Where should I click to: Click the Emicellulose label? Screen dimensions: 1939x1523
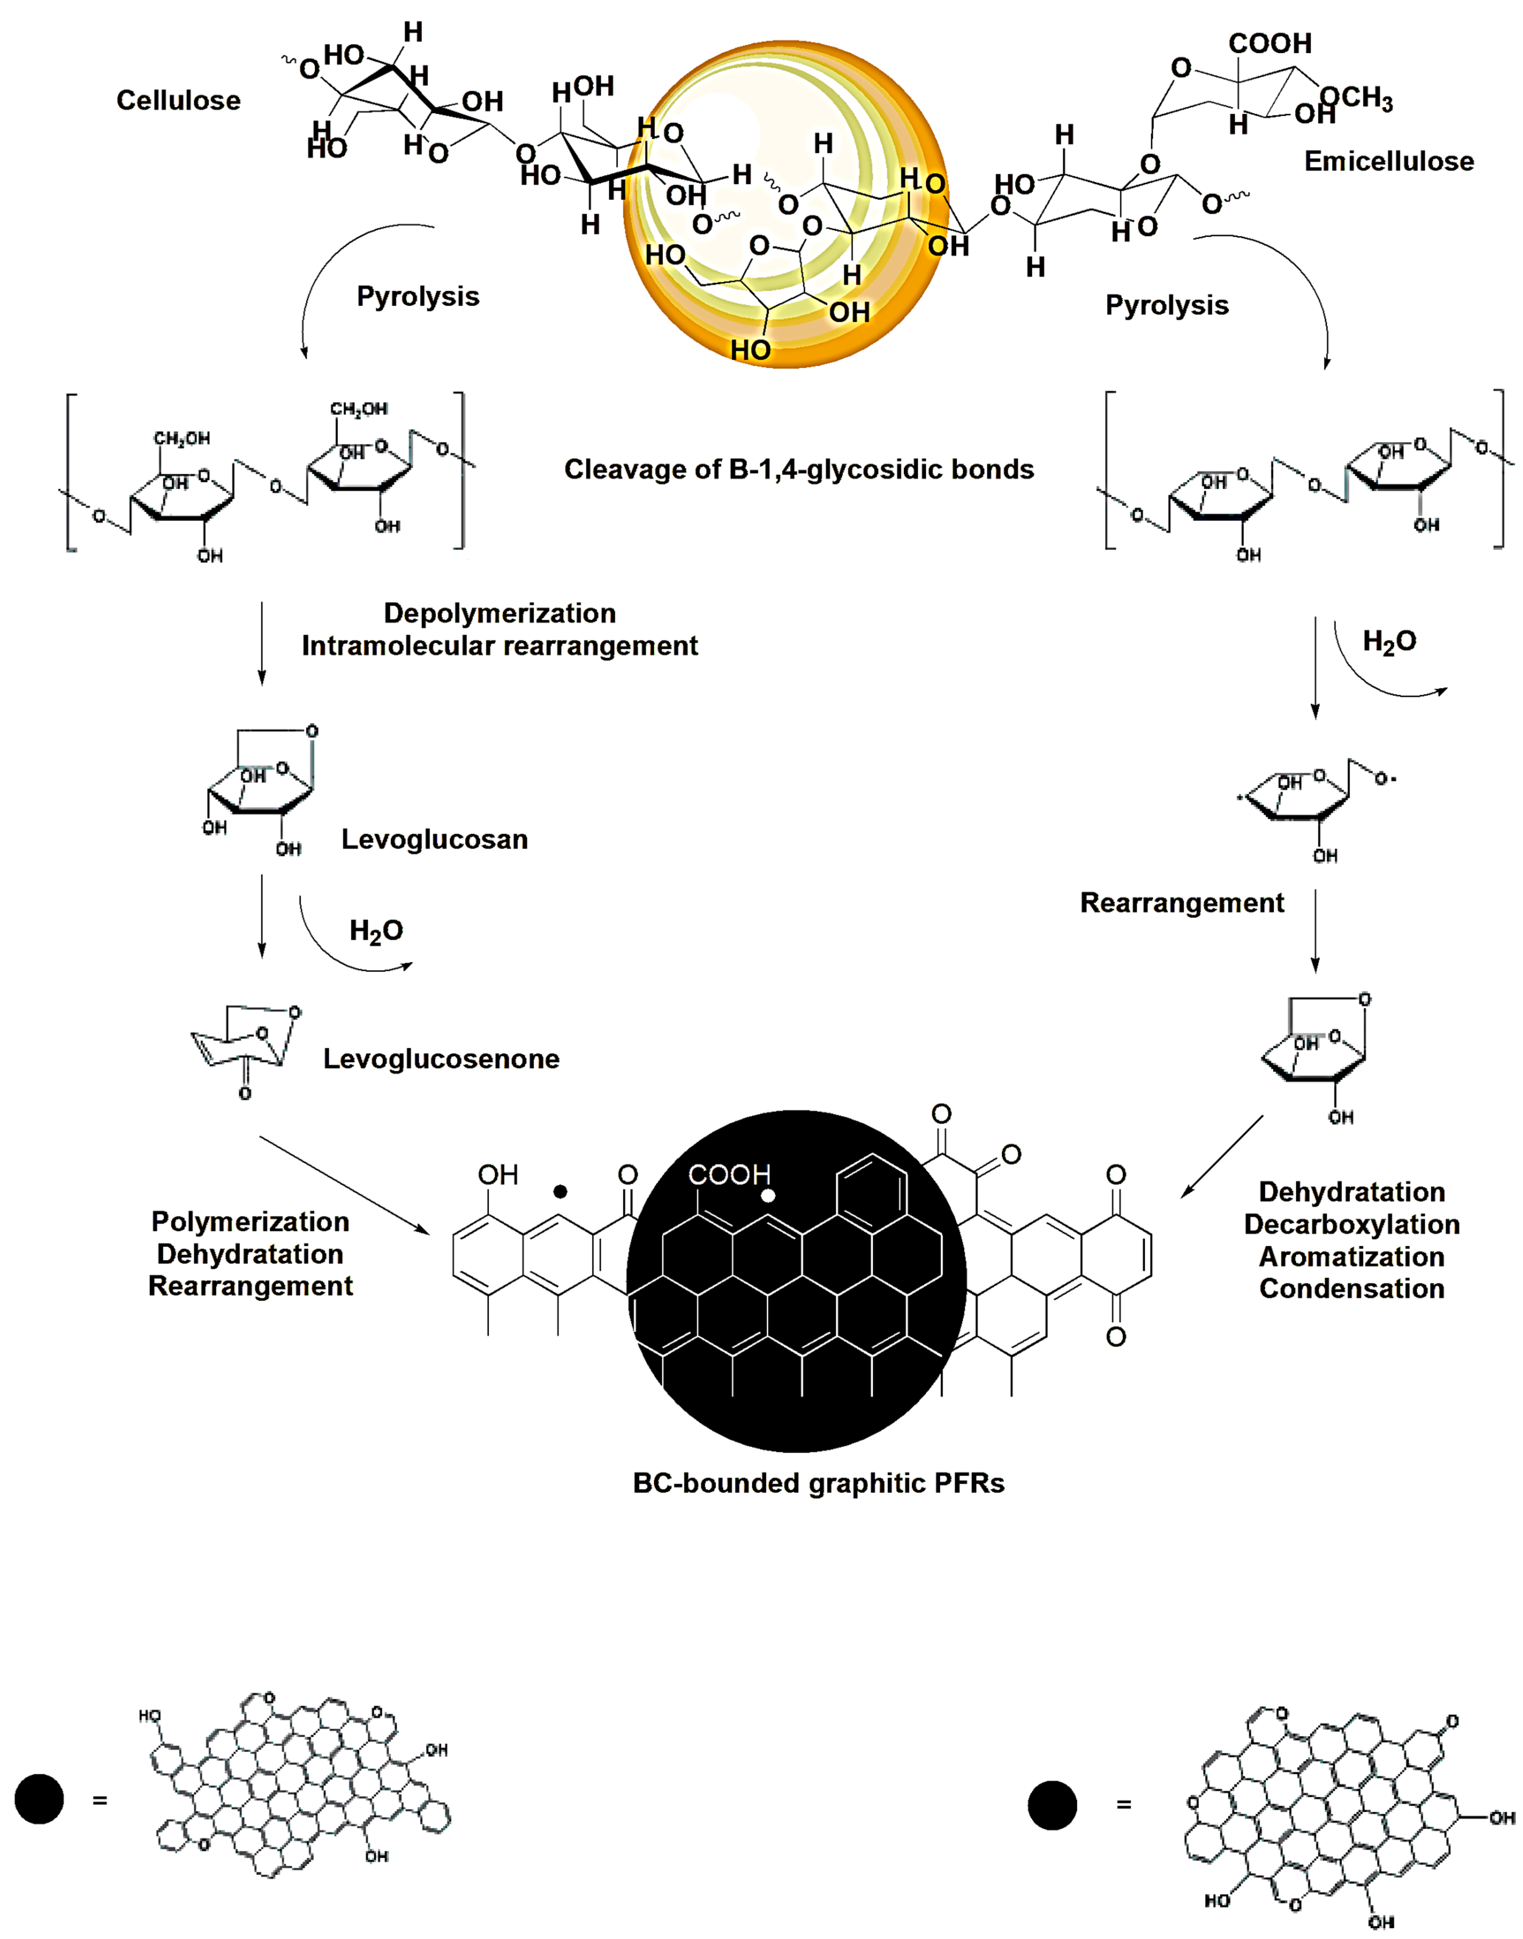(1388, 161)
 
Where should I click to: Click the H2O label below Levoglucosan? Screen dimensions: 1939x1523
(375, 931)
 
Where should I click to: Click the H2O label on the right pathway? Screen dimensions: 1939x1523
(1389, 642)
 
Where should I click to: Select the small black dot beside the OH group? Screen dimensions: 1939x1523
(560, 1191)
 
